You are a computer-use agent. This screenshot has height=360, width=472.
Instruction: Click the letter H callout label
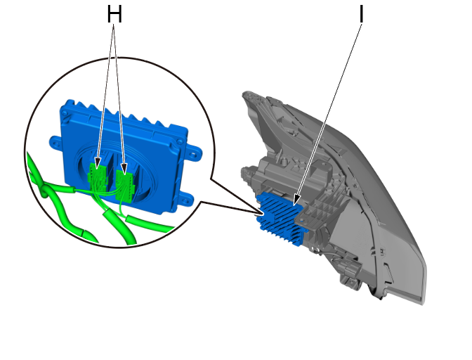(x=114, y=15)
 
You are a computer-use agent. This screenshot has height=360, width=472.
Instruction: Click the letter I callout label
(x=362, y=13)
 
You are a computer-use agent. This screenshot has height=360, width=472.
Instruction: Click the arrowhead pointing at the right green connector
(x=124, y=169)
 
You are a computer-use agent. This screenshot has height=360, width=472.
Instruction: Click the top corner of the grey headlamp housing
(x=245, y=94)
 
